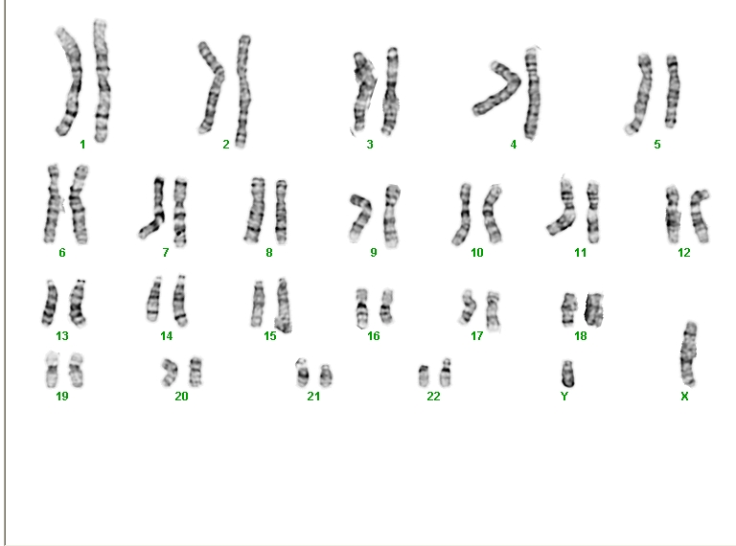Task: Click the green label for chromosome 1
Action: [82, 145]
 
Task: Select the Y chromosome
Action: [567, 374]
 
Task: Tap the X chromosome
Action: [689, 353]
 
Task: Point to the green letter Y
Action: [564, 397]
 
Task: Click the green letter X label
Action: [684, 397]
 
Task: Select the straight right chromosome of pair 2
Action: [242, 91]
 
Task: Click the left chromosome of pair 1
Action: [71, 80]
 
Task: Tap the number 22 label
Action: [433, 397]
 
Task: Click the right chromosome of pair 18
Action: [594, 309]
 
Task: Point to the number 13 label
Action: [62, 336]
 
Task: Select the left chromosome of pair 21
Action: [302, 374]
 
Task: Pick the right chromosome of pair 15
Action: [283, 305]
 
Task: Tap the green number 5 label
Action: [657, 145]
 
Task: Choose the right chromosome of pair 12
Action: [701, 216]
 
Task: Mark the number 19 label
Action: [62, 397]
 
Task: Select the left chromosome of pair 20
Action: [170, 373]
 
